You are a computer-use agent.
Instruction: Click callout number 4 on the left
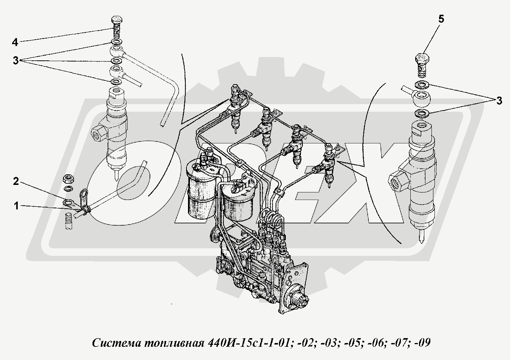[15, 42]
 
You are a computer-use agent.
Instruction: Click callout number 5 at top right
[441, 19]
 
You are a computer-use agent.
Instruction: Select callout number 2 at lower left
[16, 182]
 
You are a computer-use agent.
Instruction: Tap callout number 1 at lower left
[16, 206]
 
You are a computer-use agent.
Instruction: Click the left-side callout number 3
[15, 61]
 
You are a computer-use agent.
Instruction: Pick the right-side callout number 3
[499, 101]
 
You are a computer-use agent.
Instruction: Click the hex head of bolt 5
[422, 59]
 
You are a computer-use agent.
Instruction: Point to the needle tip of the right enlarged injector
[421, 242]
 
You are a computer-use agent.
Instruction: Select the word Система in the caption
[118, 343]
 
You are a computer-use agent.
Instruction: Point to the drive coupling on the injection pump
[299, 300]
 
